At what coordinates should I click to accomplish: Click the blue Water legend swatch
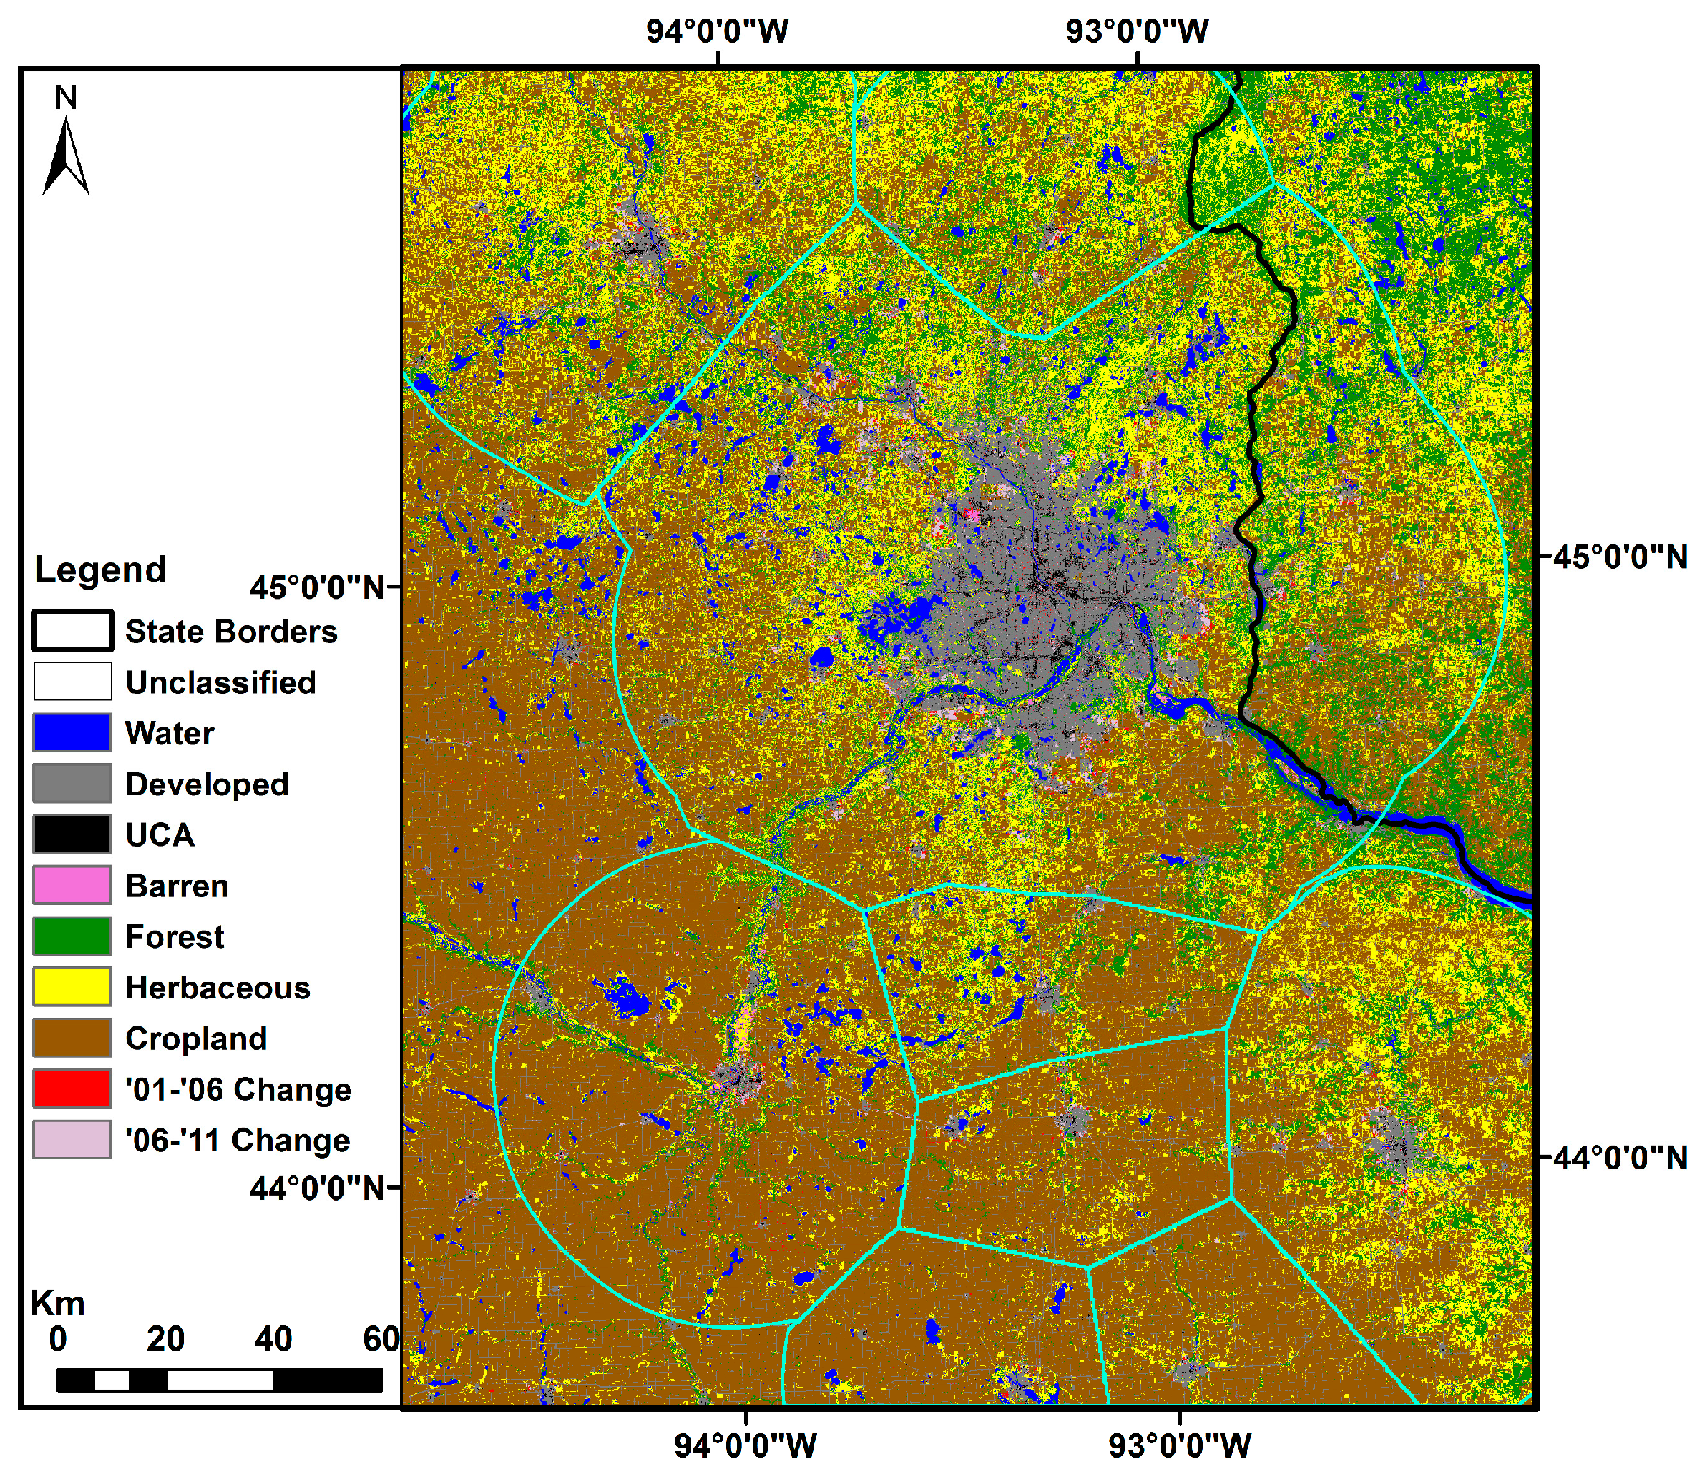[x=72, y=732]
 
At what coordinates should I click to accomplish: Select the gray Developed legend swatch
[x=72, y=783]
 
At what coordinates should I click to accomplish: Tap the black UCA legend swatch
[x=72, y=834]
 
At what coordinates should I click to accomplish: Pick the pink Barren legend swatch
[x=72, y=885]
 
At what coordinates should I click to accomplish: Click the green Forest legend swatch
[x=72, y=936]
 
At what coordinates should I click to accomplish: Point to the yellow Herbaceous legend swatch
[x=72, y=987]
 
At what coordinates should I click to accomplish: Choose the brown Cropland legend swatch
[x=72, y=1038]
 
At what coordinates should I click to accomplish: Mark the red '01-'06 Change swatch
[x=72, y=1089]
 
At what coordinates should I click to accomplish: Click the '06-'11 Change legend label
[x=238, y=1140]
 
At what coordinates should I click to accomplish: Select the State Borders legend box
[x=72, y=631]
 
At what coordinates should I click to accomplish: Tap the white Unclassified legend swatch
[x=72, y=682]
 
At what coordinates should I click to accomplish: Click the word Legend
[x=100, y=570]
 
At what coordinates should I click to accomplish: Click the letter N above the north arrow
[x=66, y=98]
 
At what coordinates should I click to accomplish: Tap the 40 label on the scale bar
[x=273, y=1339]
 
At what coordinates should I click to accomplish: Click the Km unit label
[x=58, y=1303]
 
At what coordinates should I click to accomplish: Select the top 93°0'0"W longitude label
[x=1136, y=32]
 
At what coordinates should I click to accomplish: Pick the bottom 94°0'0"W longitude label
[x=745, y=1446]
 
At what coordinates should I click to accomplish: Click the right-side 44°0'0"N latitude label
[x=1620, y=1158]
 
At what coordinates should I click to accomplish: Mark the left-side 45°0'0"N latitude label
[x=318, y=587]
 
